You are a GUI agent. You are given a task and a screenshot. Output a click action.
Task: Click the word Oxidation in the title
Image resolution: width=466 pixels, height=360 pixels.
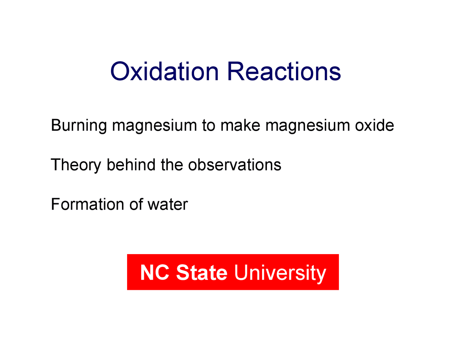pos(164,71)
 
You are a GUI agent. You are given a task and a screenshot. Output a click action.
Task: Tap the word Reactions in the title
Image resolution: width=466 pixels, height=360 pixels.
pos(284,71)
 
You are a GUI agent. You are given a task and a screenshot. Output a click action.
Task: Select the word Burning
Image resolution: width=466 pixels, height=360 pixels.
pos(79,126)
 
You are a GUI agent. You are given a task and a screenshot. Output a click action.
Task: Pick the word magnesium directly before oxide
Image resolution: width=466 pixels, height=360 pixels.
pos(308,126)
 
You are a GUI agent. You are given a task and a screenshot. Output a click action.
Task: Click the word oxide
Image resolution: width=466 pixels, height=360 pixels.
pos(374,125)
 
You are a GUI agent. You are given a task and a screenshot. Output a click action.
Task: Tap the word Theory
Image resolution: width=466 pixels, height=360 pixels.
pos(76,165)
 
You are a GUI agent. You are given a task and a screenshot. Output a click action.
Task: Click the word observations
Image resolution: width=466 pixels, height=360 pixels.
pos(234,165)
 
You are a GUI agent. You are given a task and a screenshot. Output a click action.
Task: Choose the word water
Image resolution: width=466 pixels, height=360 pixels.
pos(167,205)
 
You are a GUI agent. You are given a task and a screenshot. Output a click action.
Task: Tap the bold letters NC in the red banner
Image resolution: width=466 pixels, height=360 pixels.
pos(154,272)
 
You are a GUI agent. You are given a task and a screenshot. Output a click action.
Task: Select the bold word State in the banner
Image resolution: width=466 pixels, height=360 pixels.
pos(202,272)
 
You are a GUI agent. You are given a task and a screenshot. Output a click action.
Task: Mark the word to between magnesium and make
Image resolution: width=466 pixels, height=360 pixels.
pos(209,126)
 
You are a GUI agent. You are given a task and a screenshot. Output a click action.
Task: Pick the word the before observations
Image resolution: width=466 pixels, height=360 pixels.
pos(172,165)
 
